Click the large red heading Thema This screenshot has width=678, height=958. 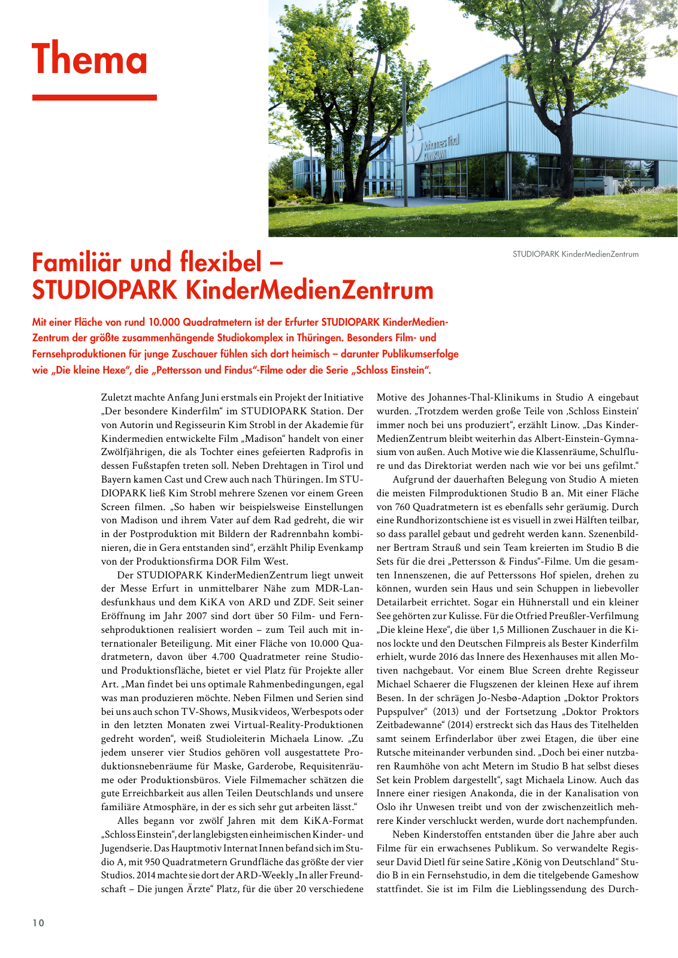pyautogui.click(x=90, y=60)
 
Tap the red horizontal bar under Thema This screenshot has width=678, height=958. pyautogui.click(x=94, y=97)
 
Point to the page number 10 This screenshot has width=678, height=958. pyautogui.click(x=38, y=923)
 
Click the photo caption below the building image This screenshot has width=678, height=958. pyautogui.click(x=575, y=254)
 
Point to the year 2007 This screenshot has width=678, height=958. pyautogui.click(x=190, y=616)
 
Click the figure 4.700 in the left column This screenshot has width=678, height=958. pyautogui.click(x=196, y=657)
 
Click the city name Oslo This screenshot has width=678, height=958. pyautogui.click(x=386, y=807)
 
